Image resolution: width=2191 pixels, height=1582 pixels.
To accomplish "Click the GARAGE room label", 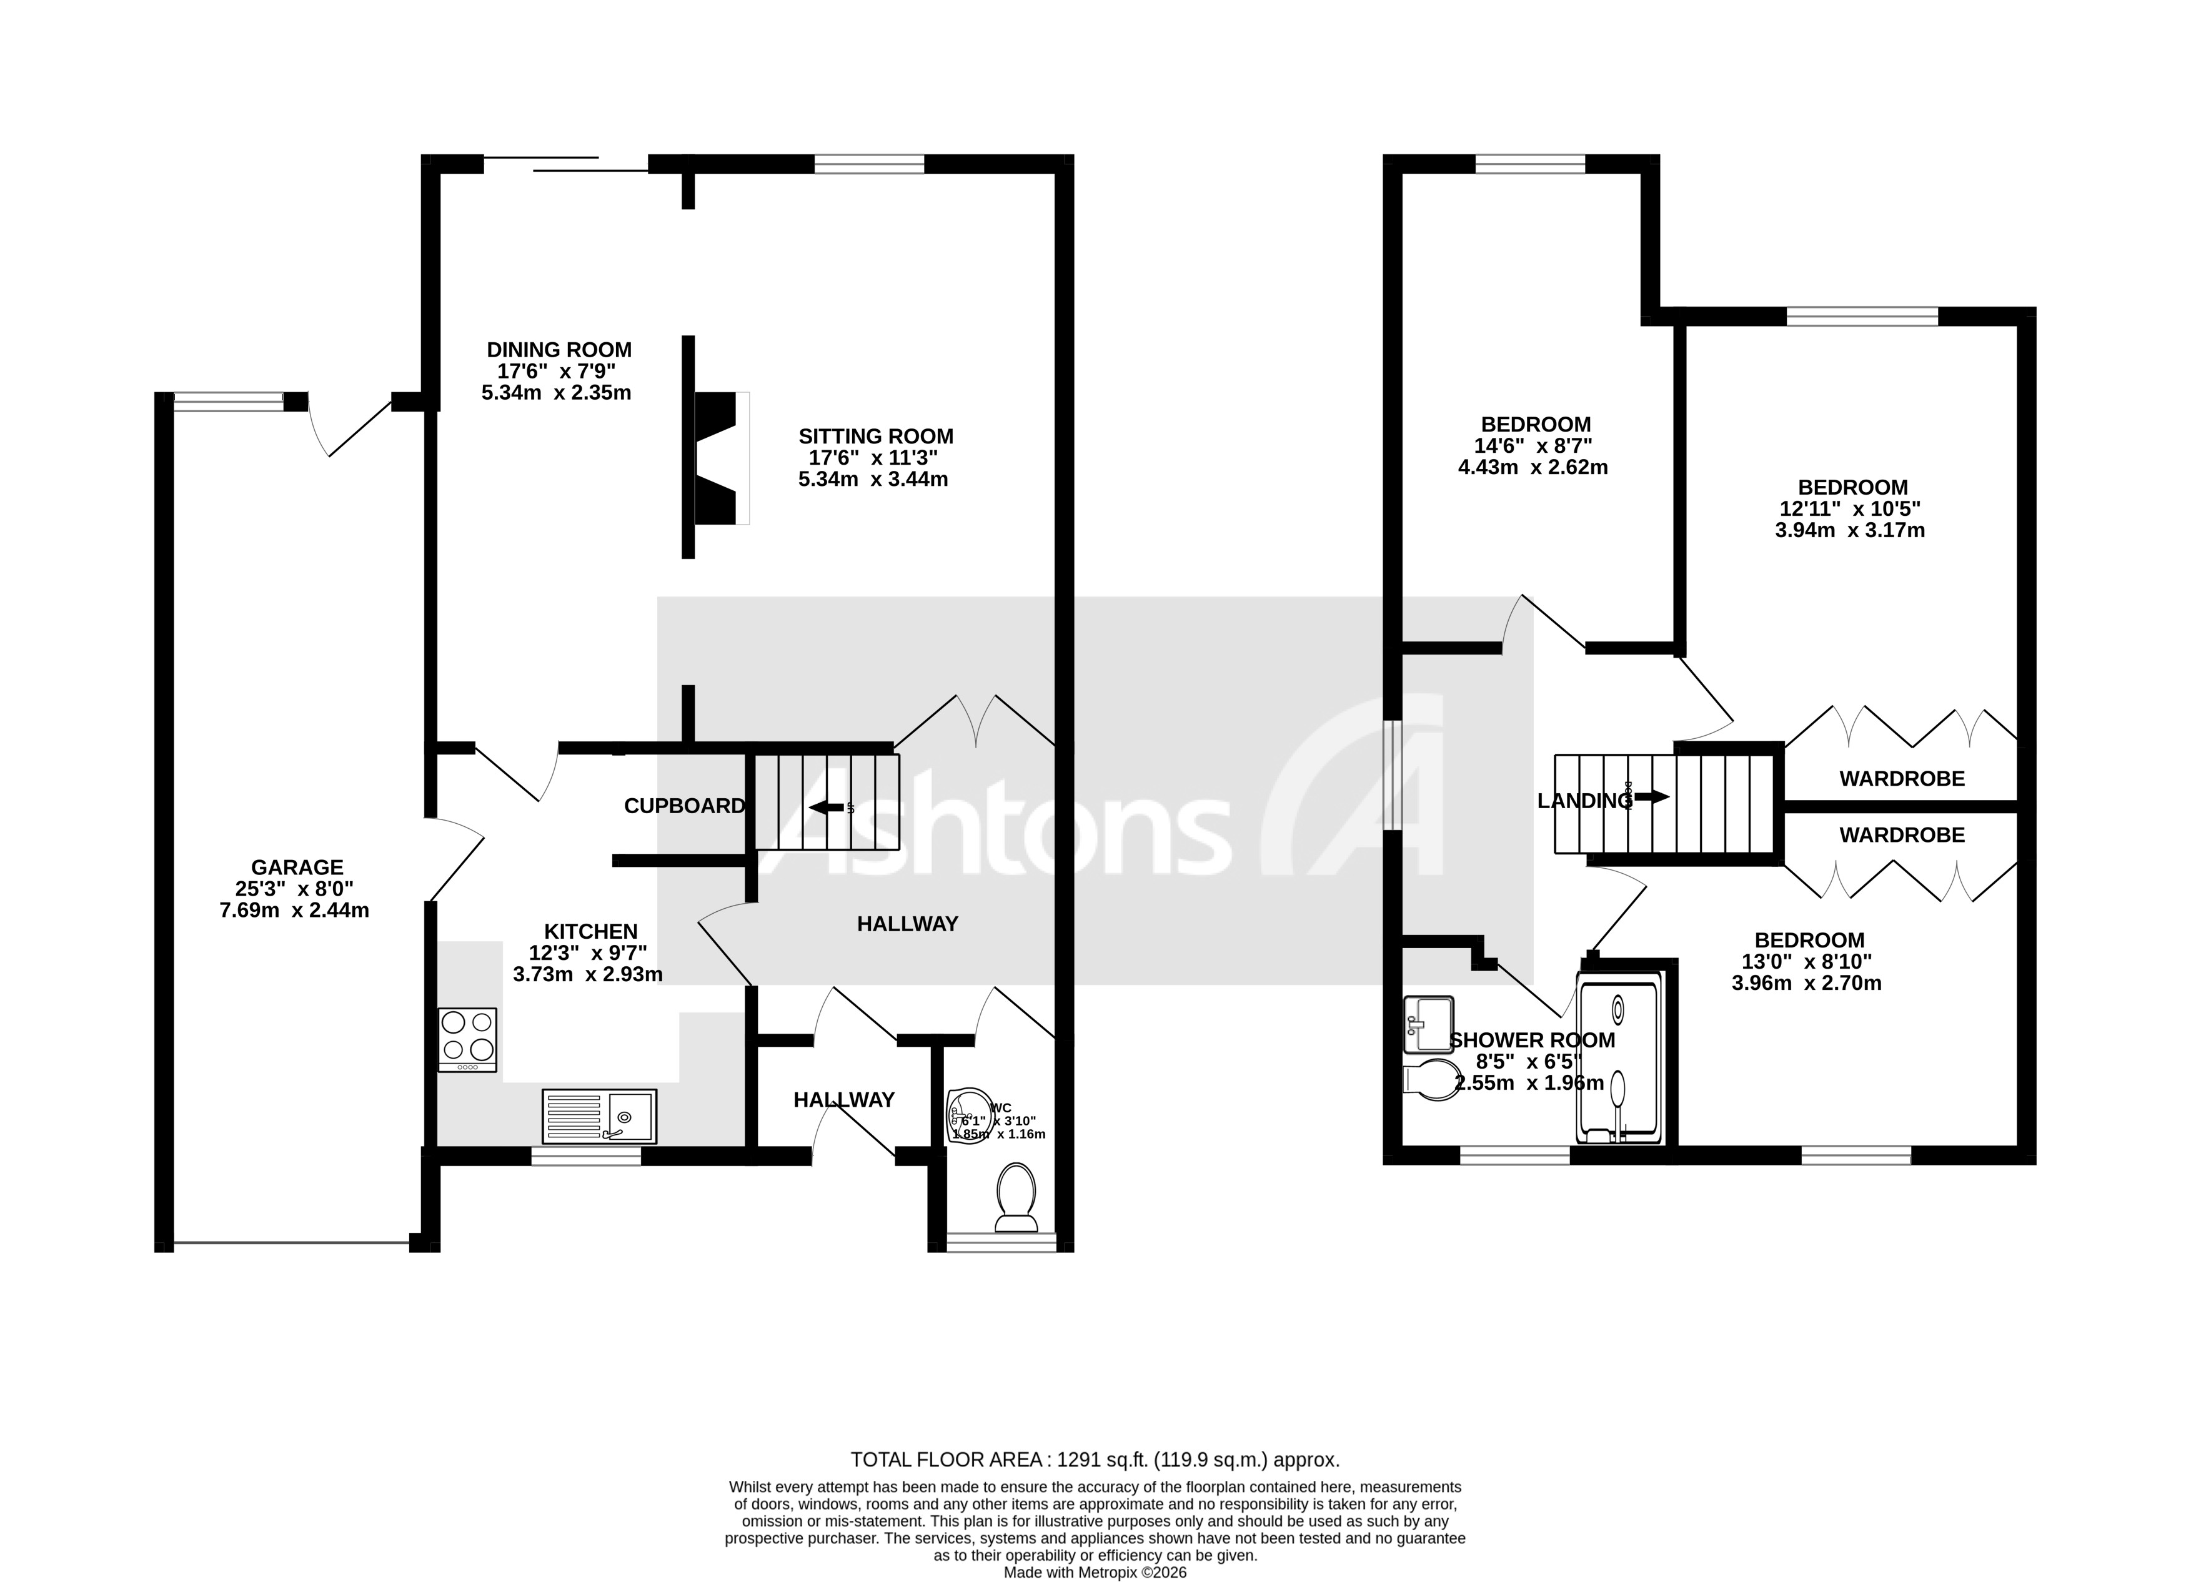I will coord(297,868).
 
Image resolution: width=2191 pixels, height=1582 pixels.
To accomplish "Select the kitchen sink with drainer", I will coord(599,1117).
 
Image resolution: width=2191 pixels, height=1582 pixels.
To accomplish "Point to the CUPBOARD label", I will coord(684,806).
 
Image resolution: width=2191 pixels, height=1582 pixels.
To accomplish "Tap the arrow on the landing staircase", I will coord(1651,797).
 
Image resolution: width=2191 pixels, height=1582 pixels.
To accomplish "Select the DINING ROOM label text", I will coord(559,350).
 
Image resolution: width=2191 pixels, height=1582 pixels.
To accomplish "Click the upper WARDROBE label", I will coord(1901,778).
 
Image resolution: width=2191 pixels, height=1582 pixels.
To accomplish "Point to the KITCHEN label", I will coord(590,931).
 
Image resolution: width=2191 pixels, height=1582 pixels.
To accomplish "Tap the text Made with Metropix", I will coord(1072,1573).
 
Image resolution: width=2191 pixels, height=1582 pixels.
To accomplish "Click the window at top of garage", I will coord(228,402).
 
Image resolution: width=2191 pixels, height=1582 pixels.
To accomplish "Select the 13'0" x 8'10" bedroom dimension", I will coord(1809,961).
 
